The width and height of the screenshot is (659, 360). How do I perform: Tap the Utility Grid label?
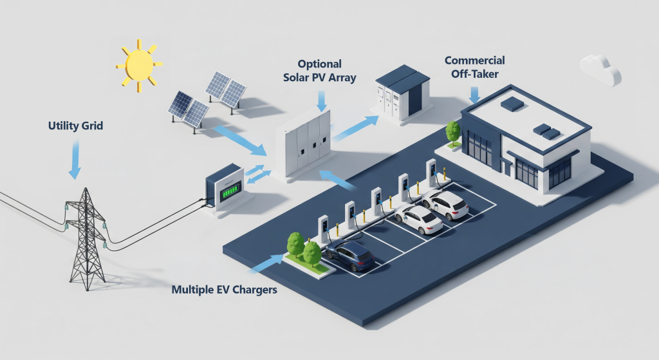coord(75,126)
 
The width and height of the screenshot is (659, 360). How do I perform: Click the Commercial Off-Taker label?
coord(475,66)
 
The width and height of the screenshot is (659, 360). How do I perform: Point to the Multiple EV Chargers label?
coord(224,290)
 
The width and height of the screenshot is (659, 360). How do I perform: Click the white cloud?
coord(600,69)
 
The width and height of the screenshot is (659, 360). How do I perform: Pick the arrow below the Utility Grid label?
coord(75,161)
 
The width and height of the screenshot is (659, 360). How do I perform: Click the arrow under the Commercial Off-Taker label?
coord(475,95)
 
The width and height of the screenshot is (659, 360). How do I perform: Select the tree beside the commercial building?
coord(453,132)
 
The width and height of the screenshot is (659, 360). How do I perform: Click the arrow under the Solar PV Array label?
coord(320,100)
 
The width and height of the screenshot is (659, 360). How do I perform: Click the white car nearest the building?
coord(445,203)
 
